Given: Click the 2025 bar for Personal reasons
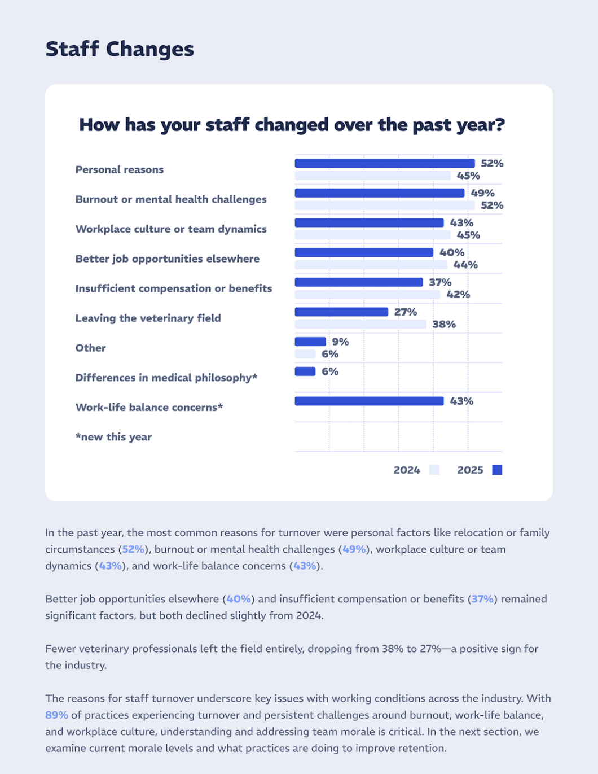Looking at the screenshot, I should (384, 164).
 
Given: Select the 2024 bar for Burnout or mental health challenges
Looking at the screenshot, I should (384, 205).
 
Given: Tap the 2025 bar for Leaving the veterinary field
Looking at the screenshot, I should (341, 312).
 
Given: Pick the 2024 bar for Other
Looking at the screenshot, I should (305, 354).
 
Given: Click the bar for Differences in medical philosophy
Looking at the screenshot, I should (305, 371).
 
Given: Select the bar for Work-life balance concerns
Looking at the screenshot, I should (369, 401).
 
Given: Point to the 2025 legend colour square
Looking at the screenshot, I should (497, 470).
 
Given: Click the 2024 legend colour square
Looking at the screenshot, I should (434, 470).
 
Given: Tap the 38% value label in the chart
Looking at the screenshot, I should (444, 325).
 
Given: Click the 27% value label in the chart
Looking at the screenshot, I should (406, 312).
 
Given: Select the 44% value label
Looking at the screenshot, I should (465, 265).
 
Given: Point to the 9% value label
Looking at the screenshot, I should (340, 342).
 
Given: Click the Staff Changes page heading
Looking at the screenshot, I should (120, 49).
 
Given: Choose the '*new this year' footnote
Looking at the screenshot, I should (113, 437).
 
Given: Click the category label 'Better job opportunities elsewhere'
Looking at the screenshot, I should (168, 259).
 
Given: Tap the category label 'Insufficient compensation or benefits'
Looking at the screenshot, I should (174, 288).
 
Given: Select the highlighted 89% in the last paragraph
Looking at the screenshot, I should (56, 715).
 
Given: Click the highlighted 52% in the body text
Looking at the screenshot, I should (133, 549).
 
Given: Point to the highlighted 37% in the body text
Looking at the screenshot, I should (482, 599).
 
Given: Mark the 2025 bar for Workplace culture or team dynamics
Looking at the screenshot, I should (369, 223).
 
